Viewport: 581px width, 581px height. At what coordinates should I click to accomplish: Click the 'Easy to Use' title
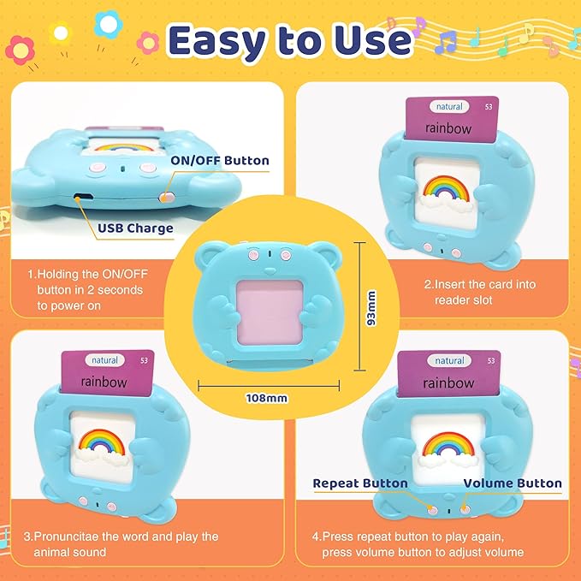pos(290,39)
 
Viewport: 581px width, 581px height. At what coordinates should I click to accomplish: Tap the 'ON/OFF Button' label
pos(220,160)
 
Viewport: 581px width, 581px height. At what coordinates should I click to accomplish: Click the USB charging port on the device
pos(83,198)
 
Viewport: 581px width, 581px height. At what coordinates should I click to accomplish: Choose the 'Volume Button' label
pos(513,483)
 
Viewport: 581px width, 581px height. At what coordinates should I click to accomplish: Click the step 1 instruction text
pos(86,290)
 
